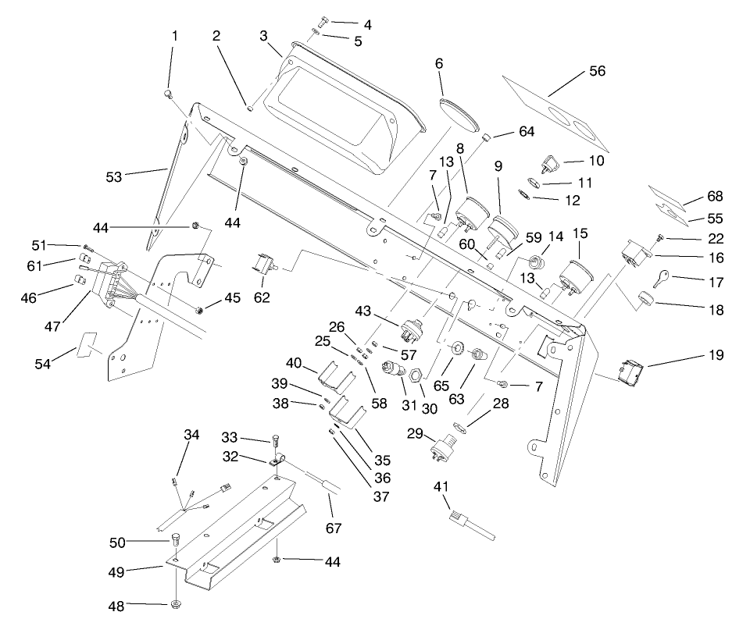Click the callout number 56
pos(597,71)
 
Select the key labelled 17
pos(660,278)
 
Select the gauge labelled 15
pos(574,277)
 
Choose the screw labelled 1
pos(169,94)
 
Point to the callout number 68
pos(715,197)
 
